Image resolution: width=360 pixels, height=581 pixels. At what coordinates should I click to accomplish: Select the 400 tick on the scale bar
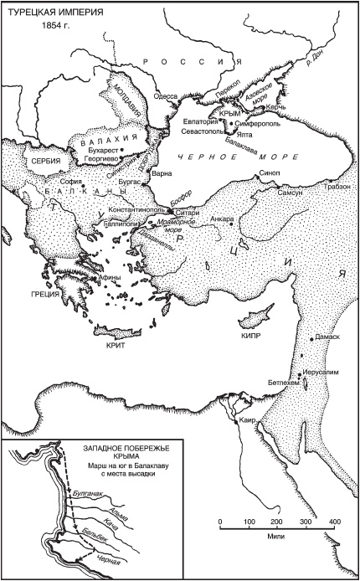334,522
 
